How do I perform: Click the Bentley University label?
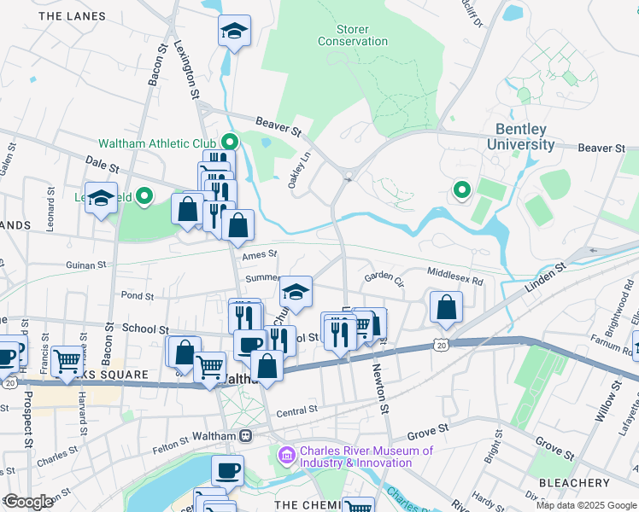[520, 137]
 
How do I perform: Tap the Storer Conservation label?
[352, 35]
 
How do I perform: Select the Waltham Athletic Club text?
[157, 143]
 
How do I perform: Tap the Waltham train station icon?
[245, 436]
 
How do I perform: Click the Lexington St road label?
[185, 68]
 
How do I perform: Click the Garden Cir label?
[383, 277]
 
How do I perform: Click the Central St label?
[296, 410]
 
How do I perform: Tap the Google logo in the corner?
[29, 502]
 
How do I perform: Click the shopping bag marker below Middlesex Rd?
[446, 308]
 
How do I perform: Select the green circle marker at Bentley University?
[462, 189]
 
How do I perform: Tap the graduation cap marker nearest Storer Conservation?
[234, 32]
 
